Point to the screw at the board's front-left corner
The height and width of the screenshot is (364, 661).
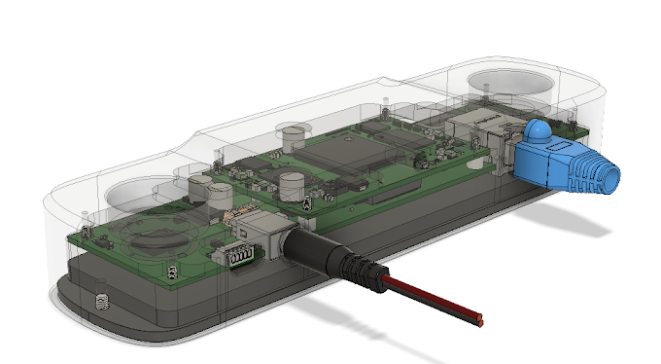(172, 270)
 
